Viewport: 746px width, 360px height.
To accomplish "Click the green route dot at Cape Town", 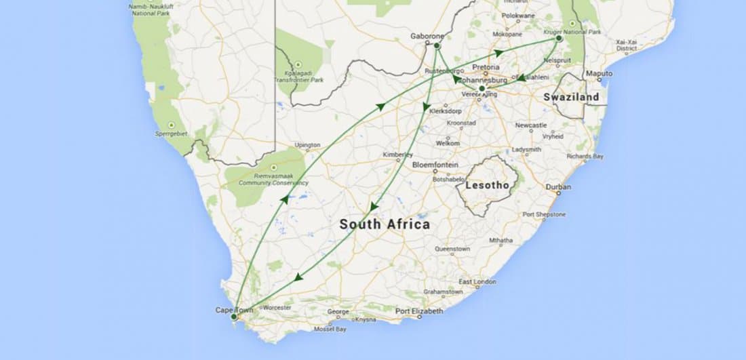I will point(233,317).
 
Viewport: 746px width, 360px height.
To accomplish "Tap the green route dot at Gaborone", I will point(437,45).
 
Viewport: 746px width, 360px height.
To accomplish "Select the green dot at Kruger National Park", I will point(559,39).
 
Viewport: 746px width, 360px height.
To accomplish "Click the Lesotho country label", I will point(488,184).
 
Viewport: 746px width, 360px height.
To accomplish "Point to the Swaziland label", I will point(572,97).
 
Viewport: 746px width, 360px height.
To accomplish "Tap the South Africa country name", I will point(385,224).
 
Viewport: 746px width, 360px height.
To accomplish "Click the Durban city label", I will point(559,186).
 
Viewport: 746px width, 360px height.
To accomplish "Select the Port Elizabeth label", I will point(419,311).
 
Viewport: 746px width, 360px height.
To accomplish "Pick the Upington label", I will point(308,145).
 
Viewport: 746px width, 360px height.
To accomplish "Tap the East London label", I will point(477,281).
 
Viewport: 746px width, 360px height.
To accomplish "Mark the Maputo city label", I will point(599,73).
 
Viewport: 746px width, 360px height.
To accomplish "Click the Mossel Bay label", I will point(330,329).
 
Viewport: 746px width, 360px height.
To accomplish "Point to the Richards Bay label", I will point(585,156).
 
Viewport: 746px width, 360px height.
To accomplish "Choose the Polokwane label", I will point(519,15).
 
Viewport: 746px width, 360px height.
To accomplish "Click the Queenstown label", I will point(452,249).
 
